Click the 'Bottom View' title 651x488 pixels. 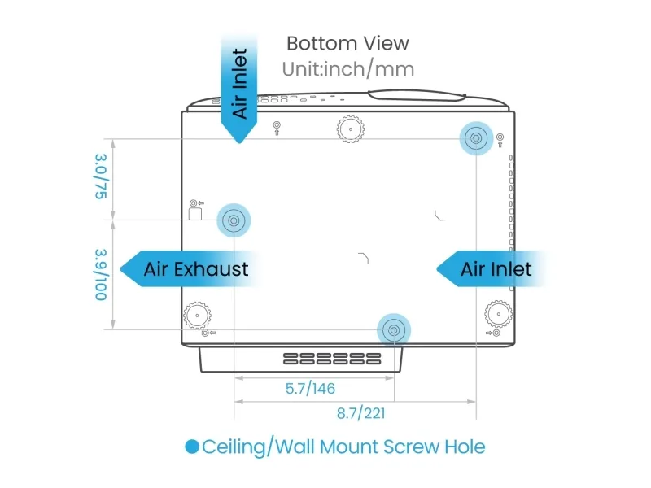(347, 44)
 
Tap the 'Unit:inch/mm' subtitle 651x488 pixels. (348, 69)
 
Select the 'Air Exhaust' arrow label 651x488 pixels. (192, 269)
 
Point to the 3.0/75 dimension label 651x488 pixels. (101, 176)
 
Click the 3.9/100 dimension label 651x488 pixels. (101, 274)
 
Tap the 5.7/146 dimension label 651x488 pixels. (310, 389)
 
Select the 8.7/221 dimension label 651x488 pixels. (360, 413)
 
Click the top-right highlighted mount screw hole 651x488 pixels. (476, 138)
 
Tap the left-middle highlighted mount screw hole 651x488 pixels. (234, 220)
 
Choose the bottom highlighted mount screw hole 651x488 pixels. (394, 330)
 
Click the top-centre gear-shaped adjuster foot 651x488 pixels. (351, 129)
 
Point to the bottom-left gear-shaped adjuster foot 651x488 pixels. (197, 316)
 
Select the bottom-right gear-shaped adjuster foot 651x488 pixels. (498, 314)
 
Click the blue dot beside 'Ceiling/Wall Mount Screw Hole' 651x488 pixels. (192, 447)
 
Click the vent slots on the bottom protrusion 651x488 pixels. (332, 359)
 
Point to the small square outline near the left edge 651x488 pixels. (195, 214)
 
